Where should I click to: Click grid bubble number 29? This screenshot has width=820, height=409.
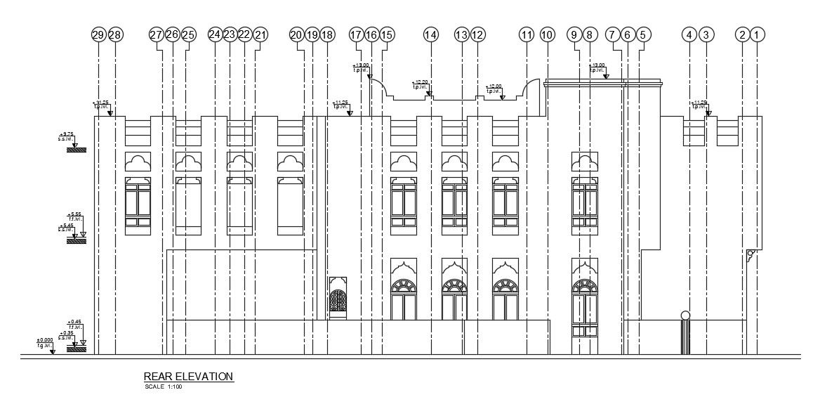(x=98, y=34)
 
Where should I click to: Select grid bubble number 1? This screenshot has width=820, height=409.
(x=756, y=34)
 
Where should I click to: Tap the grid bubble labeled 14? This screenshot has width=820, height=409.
(x=430, y=34)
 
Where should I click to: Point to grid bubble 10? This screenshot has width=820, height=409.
(x=548, y=34)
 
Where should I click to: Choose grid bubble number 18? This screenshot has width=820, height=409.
(x=326, y=34)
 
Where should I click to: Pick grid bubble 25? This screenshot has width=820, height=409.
(x=188, y=34)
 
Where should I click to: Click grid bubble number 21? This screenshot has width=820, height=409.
(x=260, y=34)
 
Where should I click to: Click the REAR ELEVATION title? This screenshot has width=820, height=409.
(x=188, y=377)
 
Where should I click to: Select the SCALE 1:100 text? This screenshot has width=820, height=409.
(x=164, y=387)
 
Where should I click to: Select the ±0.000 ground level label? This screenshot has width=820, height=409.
(x=45, y=341)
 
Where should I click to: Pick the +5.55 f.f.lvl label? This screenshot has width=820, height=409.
(x=75, y=215)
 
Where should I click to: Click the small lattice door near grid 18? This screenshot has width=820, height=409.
(x=338, y=300)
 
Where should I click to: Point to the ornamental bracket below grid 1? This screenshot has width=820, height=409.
(x=751, y=256)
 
